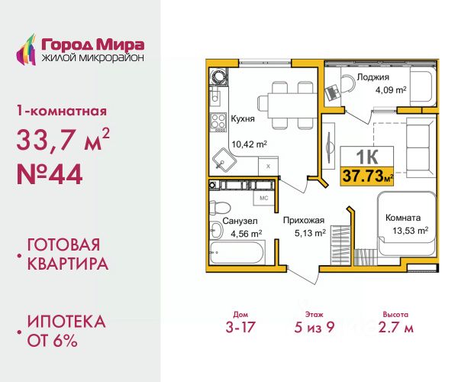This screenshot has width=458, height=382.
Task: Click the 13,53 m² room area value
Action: [408, 230]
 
